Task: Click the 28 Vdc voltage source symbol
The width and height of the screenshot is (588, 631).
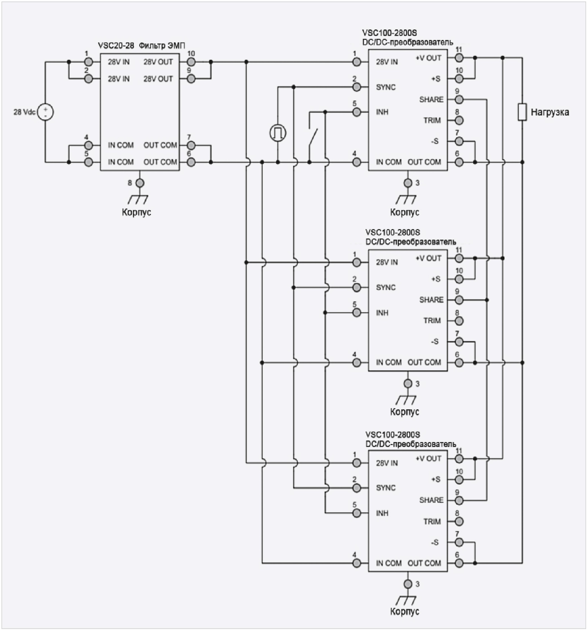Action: (x=45, y=112)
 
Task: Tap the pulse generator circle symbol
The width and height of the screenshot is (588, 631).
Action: (x=278, y=133)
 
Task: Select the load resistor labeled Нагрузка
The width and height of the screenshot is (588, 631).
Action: (x=522, y=112)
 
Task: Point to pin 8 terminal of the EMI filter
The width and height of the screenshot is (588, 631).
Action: (x=140, y=183)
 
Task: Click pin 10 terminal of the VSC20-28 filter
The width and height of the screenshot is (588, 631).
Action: (x=191, y=62)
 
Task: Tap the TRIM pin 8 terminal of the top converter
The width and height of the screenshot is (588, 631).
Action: (x=459, y=121)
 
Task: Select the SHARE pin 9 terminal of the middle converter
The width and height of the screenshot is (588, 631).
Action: (x=459, y=300)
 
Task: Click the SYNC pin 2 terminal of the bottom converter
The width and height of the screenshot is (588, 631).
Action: (x=357, y=488)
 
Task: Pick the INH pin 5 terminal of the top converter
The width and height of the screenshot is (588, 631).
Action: (x=357, y=112)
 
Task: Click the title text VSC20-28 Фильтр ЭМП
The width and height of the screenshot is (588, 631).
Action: (x=141, y=46)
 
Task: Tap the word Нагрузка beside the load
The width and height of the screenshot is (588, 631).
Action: (x=550, y=112)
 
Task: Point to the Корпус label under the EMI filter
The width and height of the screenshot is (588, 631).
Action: (x=137, y=212)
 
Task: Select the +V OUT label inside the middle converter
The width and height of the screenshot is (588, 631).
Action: (x=428, y=258)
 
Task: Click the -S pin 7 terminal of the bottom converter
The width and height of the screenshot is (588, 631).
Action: (x=459, y=543)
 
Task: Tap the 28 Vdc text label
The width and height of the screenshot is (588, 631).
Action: (x=24, y=112)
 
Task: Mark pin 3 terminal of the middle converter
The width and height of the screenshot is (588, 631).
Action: (x=408, y=384)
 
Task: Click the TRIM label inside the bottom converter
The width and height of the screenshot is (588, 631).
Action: (x=432, y=522)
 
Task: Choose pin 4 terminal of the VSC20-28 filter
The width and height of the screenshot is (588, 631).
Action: (x=88, y=145)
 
